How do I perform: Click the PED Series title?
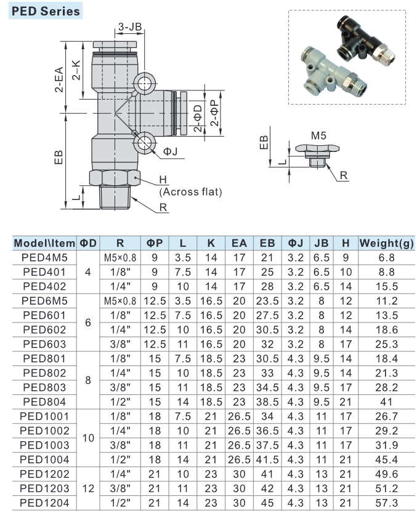[x=44, y=10]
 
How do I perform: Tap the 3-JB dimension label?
[x=129, y=26]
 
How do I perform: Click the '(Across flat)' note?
[x=190, y=191]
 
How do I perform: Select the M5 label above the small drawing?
[x=318, y=135]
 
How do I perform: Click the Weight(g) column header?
[x=387, y=243]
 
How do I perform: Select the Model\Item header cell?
[x=44, y=243]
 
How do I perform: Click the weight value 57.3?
[x=387, y=503]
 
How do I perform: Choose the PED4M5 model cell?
[x=44, y=257]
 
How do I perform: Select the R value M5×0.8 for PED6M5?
[x=119, y=300]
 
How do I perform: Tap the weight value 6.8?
[x=387, y=257]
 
